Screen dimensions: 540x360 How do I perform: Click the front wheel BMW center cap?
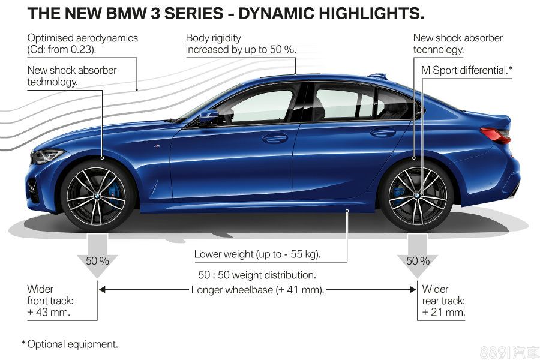97,196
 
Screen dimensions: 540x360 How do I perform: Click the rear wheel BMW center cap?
417,196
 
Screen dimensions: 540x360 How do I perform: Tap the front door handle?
275,138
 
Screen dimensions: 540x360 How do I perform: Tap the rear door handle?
383,132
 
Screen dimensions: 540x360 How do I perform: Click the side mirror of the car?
209,118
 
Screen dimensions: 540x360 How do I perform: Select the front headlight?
47,156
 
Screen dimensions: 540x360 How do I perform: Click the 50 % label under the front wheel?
97,261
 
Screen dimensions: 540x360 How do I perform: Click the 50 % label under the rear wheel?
418,261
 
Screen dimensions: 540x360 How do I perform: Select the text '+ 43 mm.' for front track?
49,313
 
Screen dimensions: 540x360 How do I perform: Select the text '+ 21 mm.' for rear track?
443,313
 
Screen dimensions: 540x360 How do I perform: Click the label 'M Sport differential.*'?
467,70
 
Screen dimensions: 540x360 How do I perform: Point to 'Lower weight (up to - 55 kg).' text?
257,254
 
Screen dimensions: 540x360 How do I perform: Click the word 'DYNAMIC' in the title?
276,13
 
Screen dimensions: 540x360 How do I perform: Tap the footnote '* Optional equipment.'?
70,344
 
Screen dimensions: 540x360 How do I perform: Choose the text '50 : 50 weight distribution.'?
257,275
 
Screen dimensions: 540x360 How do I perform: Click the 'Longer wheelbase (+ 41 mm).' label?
257,290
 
